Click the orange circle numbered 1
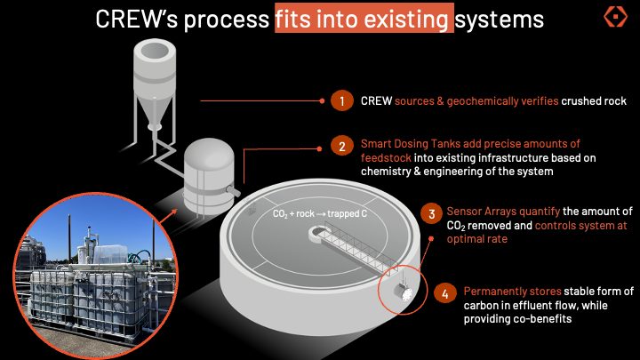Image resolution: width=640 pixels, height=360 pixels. tap(342, 100)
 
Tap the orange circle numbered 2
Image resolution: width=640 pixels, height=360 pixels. tap(342, 146)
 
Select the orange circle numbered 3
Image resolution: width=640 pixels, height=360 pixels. tap(431, 214)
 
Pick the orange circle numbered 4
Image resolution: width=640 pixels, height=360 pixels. tap(445, 294)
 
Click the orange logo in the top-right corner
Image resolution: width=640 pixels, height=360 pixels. tap(615, 16)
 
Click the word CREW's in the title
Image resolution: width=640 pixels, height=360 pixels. tap(136, 20)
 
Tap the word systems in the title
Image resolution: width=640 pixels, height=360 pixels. tap(500, 20)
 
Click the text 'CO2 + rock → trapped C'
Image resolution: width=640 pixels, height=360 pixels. tap(320, 213)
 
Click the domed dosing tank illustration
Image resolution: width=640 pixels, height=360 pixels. tap(209, 176)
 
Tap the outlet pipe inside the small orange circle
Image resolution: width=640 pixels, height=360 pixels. tap(403, 292)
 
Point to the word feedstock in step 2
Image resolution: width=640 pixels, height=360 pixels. tap(386, 158)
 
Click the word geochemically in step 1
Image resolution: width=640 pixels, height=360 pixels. tap(502, 101)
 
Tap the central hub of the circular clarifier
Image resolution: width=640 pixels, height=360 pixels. tap(316, 234)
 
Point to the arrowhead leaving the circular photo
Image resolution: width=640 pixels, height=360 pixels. tap(175, 212)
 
